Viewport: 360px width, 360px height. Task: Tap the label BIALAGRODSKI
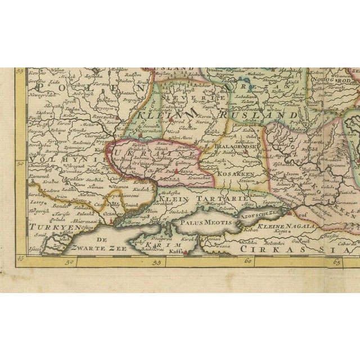tap(224, 143)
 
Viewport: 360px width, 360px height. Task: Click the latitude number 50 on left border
tap(19, 164)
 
